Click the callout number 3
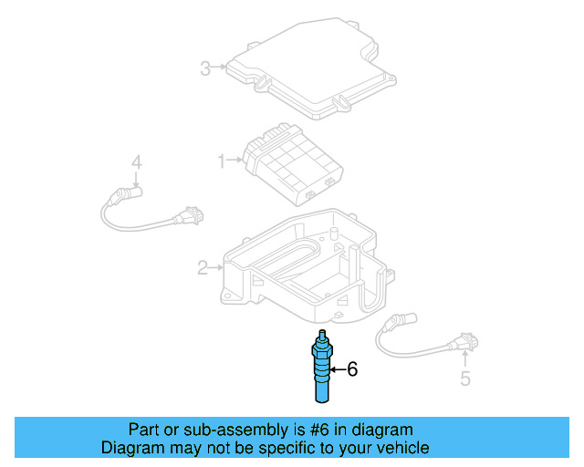(205, 67)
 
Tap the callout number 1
(221, 161)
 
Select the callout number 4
(136, 162)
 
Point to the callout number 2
(203, 267)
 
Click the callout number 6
(352, 369)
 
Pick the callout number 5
(465, 379)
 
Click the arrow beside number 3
(220, 67)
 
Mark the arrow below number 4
(136, 181)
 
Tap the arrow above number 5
(464, 358)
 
